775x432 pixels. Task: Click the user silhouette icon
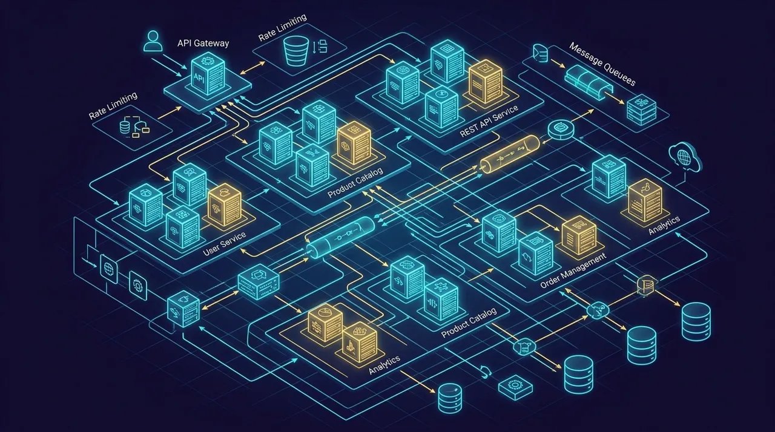point(153,41)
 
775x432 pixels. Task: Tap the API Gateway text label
point(203,43)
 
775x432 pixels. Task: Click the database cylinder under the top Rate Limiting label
point(295,51)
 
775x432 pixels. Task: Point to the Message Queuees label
point(602,64)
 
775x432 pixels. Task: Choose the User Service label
point(224,244)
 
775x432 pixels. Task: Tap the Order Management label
point(573,270)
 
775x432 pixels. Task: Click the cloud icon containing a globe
point(685,157)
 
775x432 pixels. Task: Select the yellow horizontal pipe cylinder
point(510,154)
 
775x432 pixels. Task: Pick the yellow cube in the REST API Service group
point(486,82)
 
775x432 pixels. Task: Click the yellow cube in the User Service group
point(225,205)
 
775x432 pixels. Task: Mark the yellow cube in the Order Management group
point(579,235)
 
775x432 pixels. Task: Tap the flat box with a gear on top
point(515,387)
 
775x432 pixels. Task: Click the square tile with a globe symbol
point(108,269)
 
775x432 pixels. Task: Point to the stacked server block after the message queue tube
point(641,110)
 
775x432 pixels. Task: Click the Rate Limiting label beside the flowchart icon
point(113,106)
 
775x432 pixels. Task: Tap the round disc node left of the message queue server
point(561,129)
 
